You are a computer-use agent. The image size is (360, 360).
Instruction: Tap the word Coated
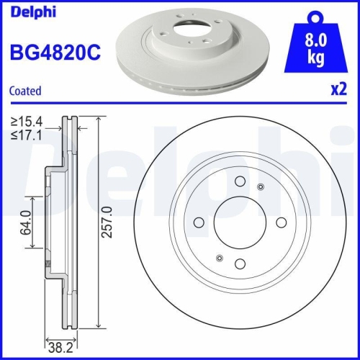coord(25,91)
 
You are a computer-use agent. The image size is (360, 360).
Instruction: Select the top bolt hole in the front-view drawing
coord(240,182)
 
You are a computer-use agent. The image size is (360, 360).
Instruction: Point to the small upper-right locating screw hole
coord(261,188)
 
